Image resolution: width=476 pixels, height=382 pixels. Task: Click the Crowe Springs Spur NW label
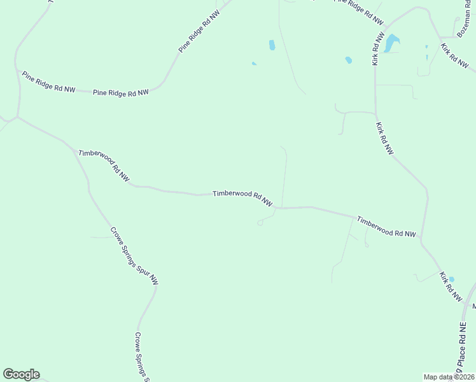click(x=134, y=255)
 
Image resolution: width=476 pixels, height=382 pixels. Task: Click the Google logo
click(x=21, y=374)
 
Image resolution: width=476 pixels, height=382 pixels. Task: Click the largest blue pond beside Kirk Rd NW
click(x=391, y=43)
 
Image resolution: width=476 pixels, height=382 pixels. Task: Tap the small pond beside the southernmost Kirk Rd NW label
click(x=452, y=279)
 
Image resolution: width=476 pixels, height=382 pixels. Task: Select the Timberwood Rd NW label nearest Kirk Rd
click(x=386, y=227)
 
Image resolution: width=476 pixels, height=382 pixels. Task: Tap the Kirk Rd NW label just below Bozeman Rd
click(x=454, y=56)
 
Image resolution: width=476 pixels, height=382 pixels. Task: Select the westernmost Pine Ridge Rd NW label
click(x=48, y=82)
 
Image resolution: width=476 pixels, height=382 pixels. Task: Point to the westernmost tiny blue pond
click(x=254, y=63)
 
